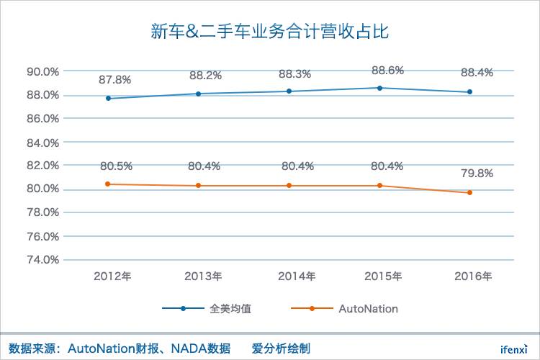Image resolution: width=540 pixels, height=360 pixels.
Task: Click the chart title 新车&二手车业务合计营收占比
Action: click(x=269, y=31)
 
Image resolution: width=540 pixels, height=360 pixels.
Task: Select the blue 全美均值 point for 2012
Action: click(x=108, y=98)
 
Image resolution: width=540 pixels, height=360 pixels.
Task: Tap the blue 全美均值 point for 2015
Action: click(x=379, y=88)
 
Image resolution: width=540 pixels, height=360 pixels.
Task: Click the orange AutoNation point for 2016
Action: click(x=469, y=192)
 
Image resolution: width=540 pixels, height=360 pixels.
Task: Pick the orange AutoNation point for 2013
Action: click(x=199, y=186)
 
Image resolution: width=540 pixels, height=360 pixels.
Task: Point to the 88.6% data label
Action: click(x=387, y=71)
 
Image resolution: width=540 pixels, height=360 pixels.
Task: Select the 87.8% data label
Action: click(x=115, y=80)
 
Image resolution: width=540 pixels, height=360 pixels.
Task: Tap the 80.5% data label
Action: click(x=116, y=166)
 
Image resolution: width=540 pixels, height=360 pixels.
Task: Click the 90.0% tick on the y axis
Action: click(x=42, y=72)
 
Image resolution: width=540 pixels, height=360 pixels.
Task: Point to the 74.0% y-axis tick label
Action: click(x=42, y=260)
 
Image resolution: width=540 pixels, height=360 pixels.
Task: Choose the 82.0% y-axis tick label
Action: click(x=42, y=166)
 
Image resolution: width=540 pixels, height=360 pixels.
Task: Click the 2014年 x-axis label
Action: click(x=297, y=276)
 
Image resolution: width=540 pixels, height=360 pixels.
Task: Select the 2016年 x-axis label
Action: click(x=474, y=276)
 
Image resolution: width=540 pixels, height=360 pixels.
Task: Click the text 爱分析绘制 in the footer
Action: click(x=281, y=348)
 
